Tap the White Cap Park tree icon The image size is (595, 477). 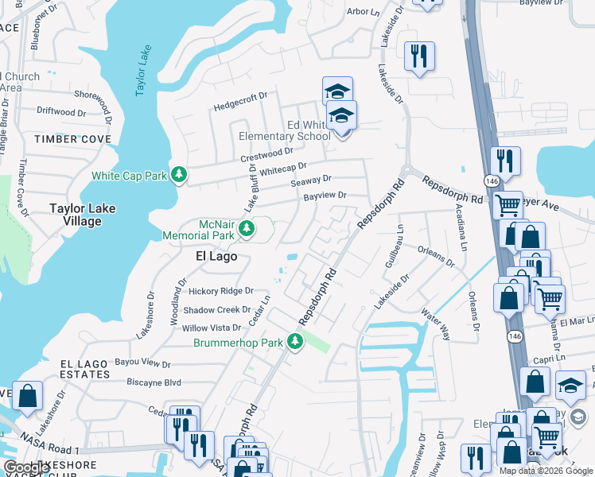coord(181,174)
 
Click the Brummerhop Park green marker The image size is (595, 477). coord(295,342)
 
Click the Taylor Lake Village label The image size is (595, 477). coord(83,215)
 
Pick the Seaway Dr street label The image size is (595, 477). coord(310,181)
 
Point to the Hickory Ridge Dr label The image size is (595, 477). coord(220,292)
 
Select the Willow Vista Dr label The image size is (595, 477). coord(212,328)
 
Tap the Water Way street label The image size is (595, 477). coord(436,324)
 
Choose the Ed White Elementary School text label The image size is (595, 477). coord(285,130)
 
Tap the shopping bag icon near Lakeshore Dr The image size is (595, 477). coord(28,396)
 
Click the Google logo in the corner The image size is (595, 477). coord(26,467)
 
